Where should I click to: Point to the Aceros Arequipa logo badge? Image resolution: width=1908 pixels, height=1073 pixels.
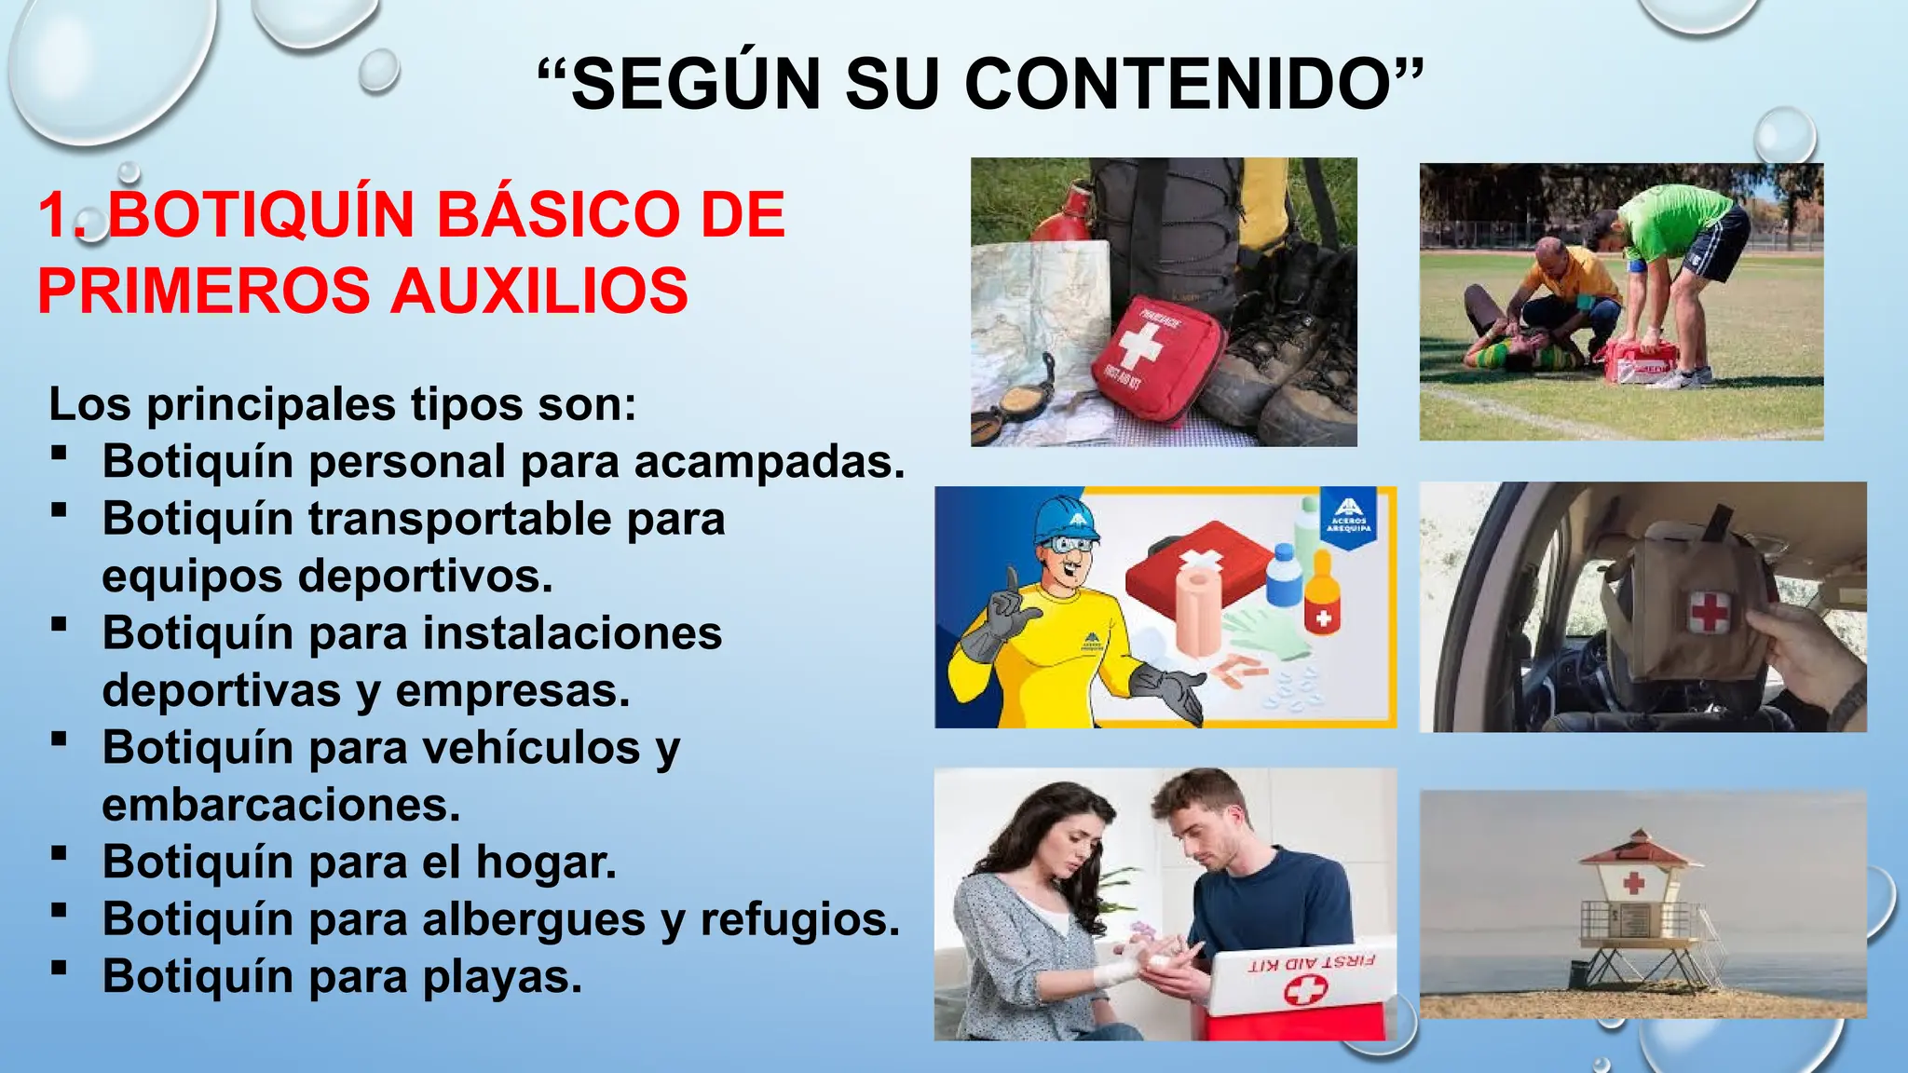[x=1348, y=517]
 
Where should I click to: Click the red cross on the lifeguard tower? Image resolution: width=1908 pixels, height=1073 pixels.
[x=1634, y=883]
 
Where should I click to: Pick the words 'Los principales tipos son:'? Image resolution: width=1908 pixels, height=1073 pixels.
[x=342, y=405]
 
